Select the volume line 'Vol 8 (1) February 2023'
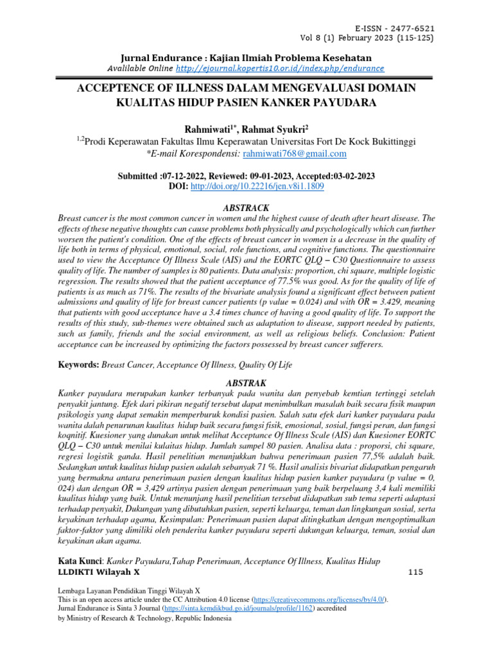click(x=361, y=38)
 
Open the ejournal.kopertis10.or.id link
click(x=280, y=68)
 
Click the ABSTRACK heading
click(x=246, y=207)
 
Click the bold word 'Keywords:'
click(x=78, y=364)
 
